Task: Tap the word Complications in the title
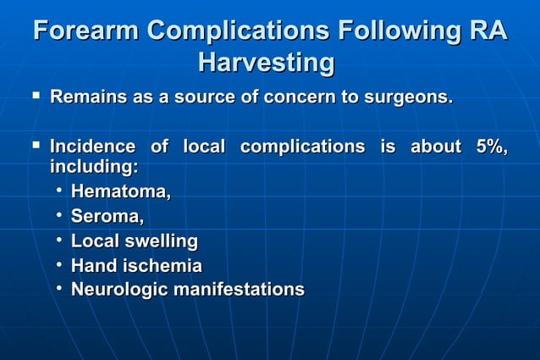tap(238, 31)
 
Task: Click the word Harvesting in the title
tap(266, 63)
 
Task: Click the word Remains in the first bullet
tap(89, 97)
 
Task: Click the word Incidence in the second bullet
tap(92, 147)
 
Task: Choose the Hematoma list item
tap(121, 193)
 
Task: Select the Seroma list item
tap(107, 218)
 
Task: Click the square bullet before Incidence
tap(35, 146)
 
